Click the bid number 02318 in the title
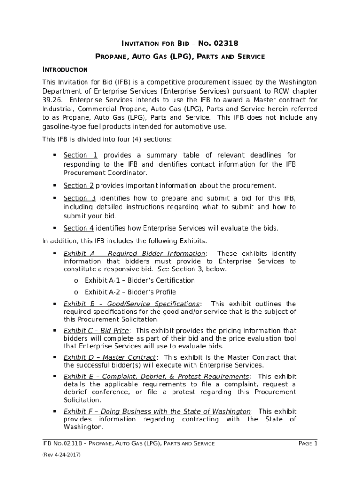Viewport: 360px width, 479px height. (x=225, y=44)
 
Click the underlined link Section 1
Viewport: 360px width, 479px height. (x=80, y=155)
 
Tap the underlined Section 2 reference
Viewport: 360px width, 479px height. (x=79, y=185)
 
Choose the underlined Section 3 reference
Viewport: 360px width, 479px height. (x=79, y=198)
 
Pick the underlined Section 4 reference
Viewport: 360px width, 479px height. (x=79, y=228)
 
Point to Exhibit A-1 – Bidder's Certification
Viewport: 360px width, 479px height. (x=139, y=280)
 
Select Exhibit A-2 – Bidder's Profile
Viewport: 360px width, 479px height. (x=130, y=292)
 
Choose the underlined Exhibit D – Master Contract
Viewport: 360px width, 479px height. (x=109, y=357)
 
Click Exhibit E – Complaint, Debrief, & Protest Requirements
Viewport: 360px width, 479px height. (x=156, y=377)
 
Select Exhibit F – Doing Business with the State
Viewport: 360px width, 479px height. (x=157, y=412)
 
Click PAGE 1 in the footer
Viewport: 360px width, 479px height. (x=308, y=443)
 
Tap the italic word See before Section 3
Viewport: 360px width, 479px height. (x=163, y=269)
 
